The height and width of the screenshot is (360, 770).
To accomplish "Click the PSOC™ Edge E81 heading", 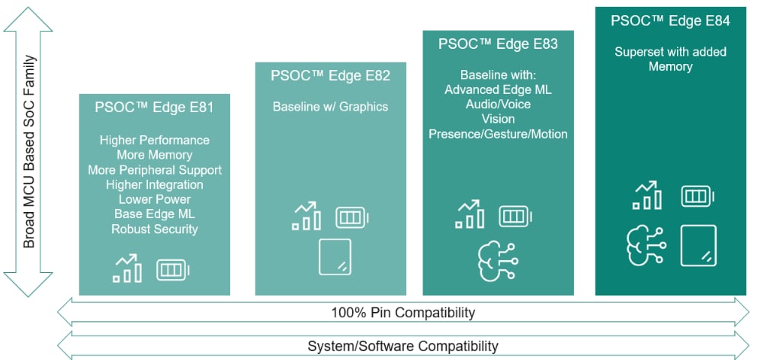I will point(154,107).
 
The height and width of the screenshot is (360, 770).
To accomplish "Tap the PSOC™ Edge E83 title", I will point(498,43).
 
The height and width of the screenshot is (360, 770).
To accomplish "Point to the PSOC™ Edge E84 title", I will point(670,21).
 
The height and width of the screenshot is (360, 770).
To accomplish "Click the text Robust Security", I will point(155,229).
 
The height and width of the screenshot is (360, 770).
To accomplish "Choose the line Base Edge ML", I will point(155,214).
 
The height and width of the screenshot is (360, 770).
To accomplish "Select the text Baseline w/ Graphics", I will point(330,107).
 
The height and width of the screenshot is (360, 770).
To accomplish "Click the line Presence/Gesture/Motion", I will point(498,134).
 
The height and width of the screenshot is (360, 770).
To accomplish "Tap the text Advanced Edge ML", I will point(498,90).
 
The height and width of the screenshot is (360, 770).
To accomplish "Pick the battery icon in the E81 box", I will point(172,269).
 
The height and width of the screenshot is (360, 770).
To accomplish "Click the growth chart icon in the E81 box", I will point(127,268).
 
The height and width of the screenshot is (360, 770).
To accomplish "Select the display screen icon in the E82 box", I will point(335,257).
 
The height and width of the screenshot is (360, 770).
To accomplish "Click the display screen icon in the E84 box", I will point(698,246).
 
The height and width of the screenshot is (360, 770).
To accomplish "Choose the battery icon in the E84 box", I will point(696,196).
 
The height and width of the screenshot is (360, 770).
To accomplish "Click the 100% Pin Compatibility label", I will point(403,313).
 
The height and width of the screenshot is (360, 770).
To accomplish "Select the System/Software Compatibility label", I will point(403,346).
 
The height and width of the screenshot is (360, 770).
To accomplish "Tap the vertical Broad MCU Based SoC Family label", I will point(29,153).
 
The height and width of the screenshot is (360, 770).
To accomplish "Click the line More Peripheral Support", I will point(155,170).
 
